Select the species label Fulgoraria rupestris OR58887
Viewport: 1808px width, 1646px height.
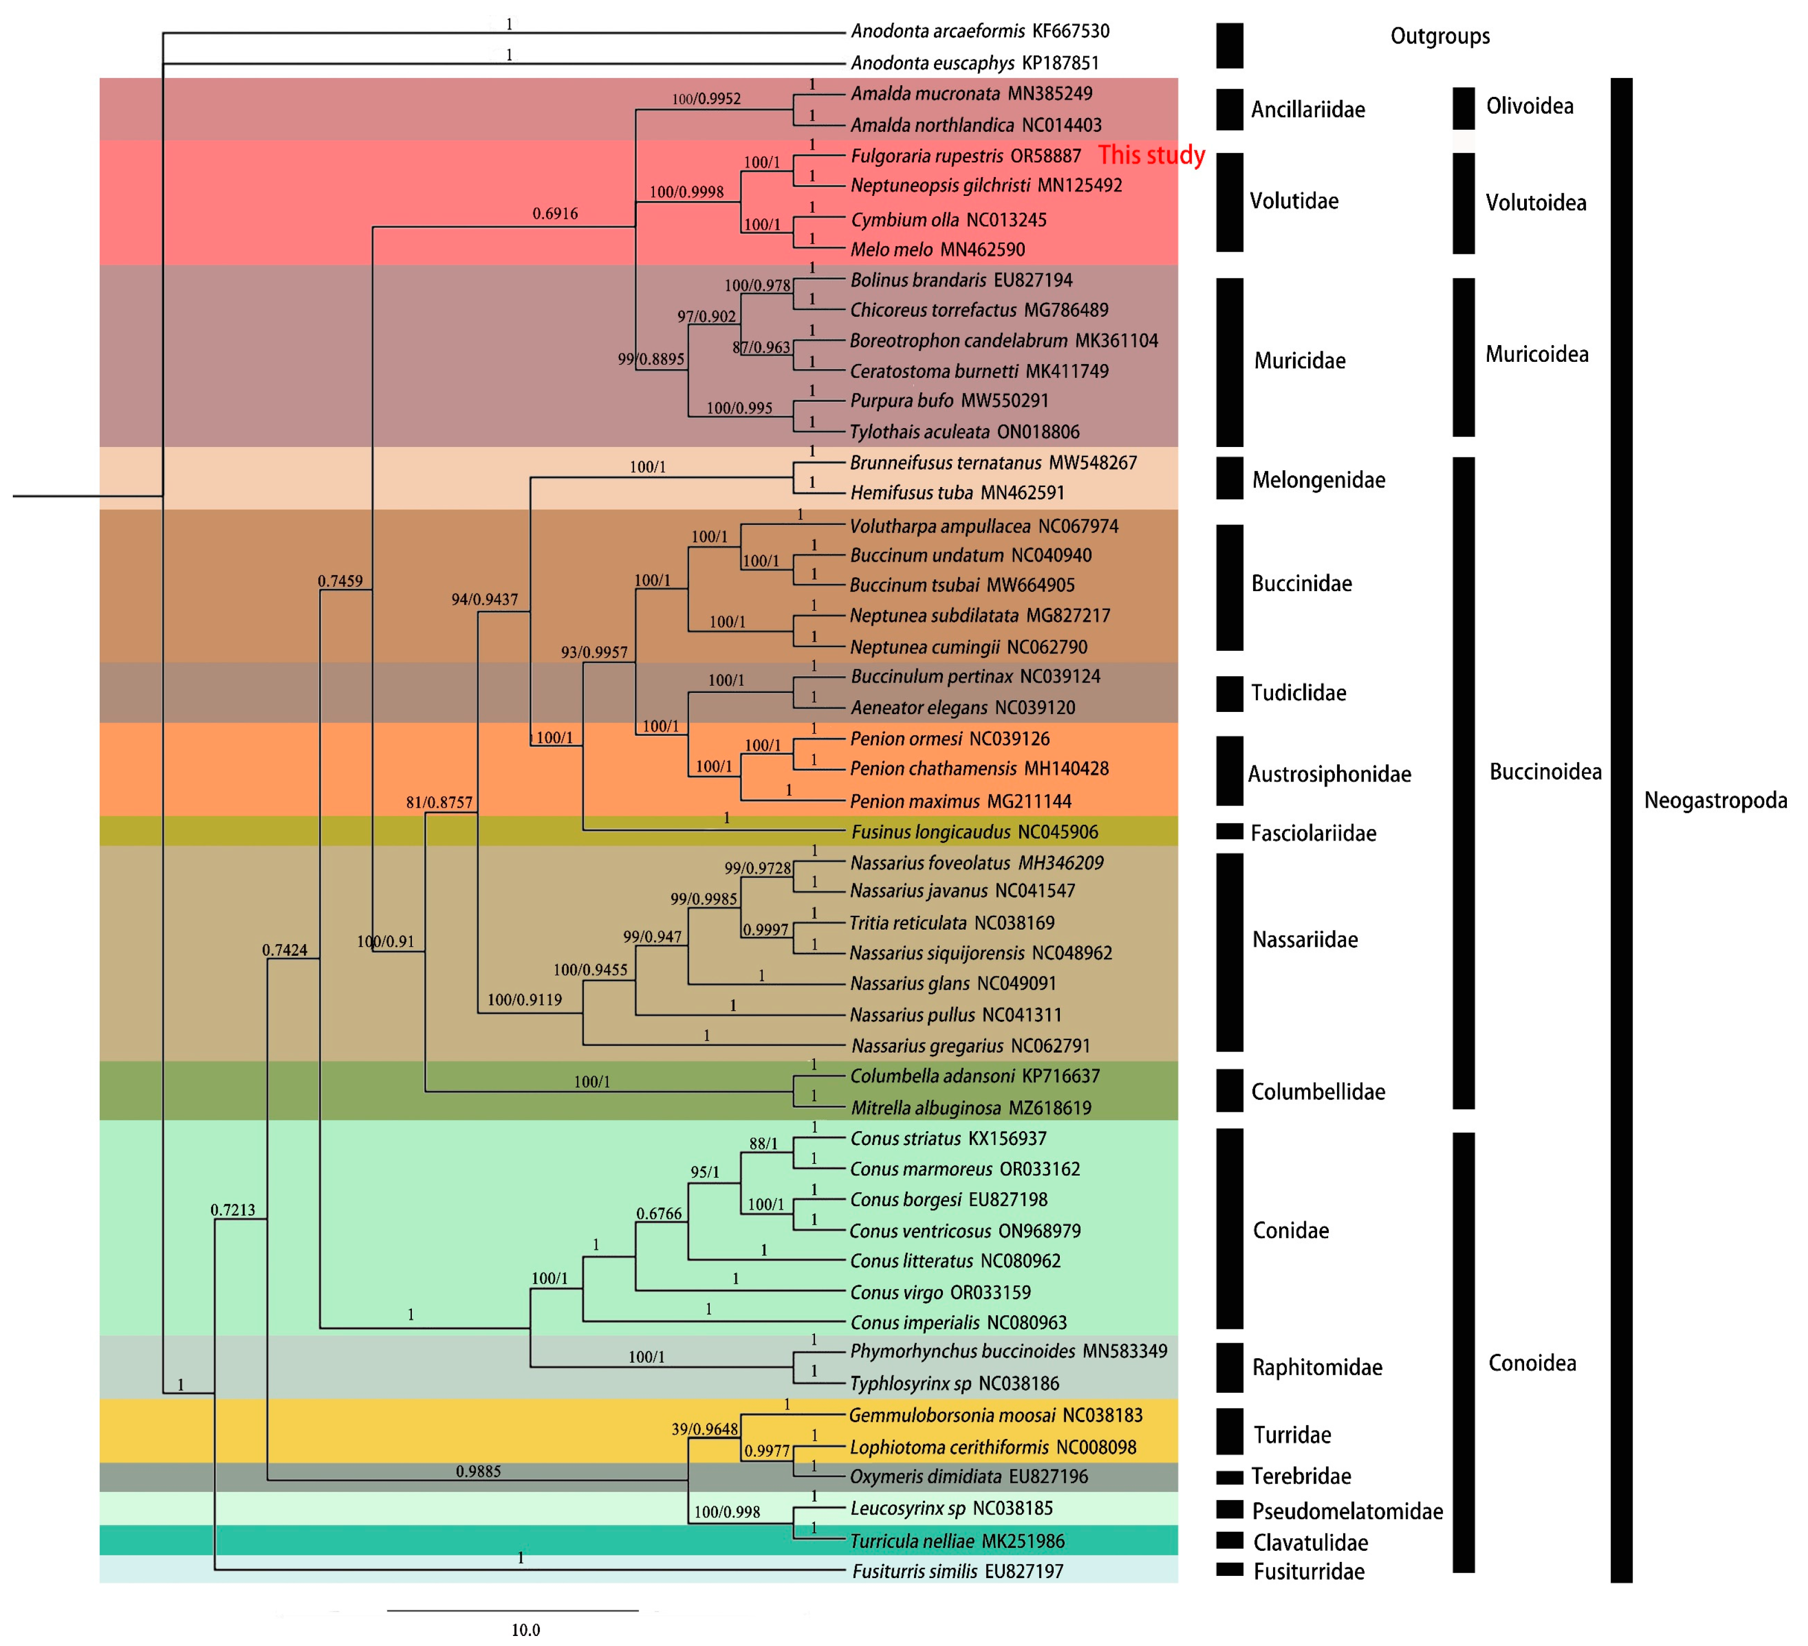pos(965,156)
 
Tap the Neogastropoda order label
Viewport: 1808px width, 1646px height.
pos(1714,800)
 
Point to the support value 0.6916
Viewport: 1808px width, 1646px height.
pos(555,214)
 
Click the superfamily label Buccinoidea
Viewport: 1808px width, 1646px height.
pos(1544,772)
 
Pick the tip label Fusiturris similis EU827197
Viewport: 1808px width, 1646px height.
pos(957,1571)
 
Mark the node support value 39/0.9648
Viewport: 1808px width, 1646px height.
pos(704,1429)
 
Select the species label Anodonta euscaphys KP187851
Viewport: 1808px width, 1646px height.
pos(974,63)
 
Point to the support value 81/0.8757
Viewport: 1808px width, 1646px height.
pos(439,802)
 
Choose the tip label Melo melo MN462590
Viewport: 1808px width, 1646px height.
pos(937,249)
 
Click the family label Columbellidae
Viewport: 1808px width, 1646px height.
pos(1318,1092)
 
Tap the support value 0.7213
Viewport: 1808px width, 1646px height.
pos(232,1210)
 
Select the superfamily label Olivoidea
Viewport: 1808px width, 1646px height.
pos(1529,106)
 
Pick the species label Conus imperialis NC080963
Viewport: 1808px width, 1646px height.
pos(958,1322)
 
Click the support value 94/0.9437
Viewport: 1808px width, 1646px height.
pos(484,599)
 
